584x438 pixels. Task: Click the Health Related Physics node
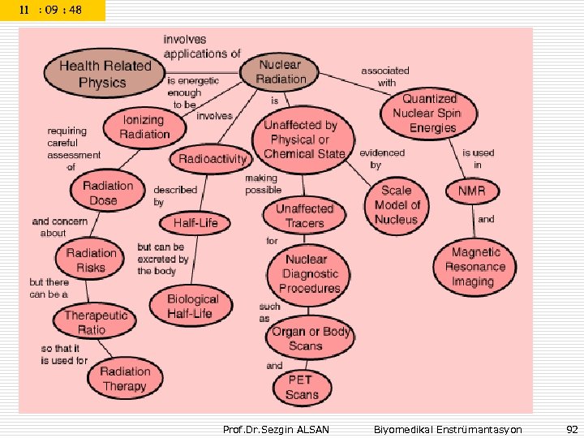[x=105, y=74]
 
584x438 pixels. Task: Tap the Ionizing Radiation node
[x=145, y=127]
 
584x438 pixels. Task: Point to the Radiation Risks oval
[x=91, y=260]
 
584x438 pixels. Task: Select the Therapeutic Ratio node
[x=97, y=323]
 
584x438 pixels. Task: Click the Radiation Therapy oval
[x=125, y=379]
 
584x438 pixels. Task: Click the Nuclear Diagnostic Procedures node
[x=309, y=274]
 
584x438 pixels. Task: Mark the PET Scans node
[x=302, y=387]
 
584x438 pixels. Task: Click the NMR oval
[x=471, y=191]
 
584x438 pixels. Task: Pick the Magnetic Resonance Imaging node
[x=475, y=267]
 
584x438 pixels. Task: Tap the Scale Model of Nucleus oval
[x=397, y=204]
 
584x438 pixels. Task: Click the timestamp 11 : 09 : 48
[x=53, y=11]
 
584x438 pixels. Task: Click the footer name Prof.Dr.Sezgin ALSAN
[x=276, y=429]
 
